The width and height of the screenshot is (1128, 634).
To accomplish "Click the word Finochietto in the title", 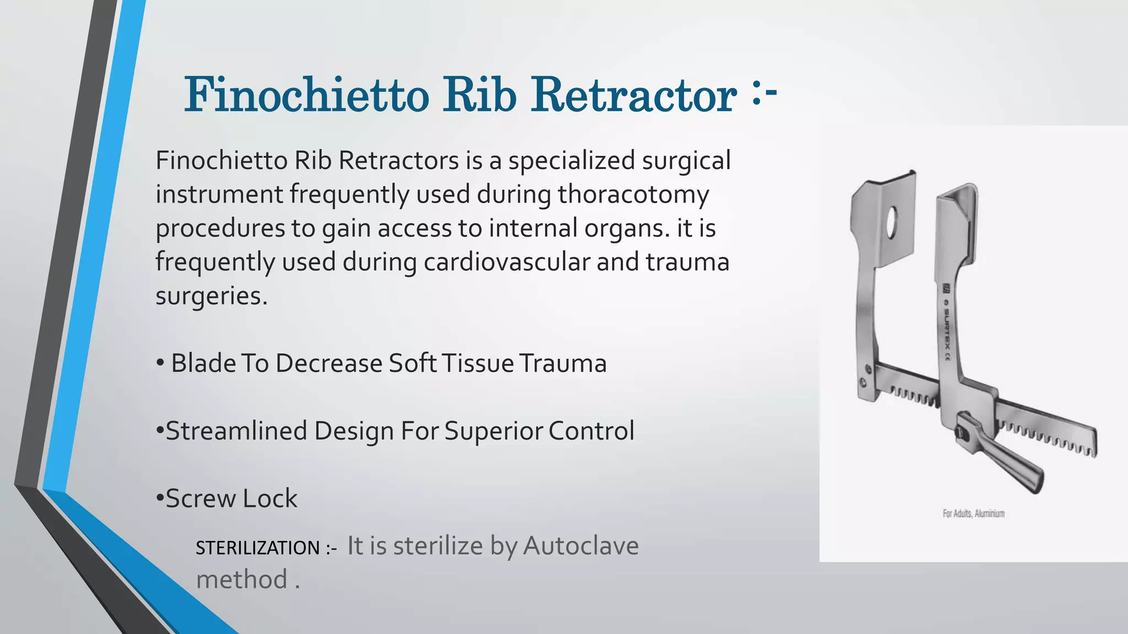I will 306,95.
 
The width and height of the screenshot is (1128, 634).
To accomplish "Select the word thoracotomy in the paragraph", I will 633,195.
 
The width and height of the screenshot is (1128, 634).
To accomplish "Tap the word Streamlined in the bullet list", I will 236,431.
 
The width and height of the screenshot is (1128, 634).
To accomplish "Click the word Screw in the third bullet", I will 200,499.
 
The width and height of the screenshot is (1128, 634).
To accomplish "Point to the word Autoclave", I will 581,546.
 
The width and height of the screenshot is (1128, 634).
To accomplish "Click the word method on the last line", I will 242,580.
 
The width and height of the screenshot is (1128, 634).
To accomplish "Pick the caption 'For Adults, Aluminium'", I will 973,513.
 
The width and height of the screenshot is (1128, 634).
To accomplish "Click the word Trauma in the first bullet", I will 562,364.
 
